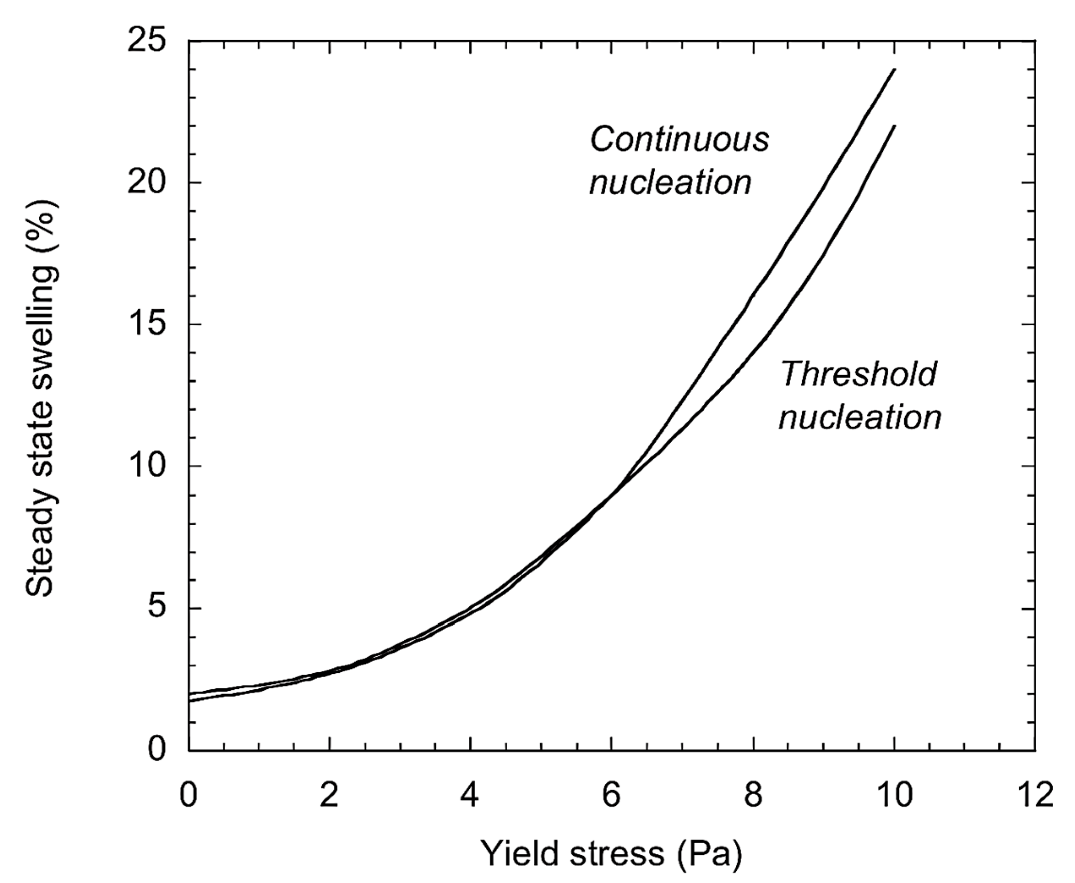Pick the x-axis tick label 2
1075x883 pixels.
pyautogui.click(x=329, y=795)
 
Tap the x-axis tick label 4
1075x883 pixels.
pyautogui.click(x=471, y=795)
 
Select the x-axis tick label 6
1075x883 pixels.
pyautogui.click(x=612, y=795)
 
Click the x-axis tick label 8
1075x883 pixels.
pyautogui.click(x=753, y=795)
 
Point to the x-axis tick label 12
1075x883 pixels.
pyautogui.click(x=1035, y=795)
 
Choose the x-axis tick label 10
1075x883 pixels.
pyautogui.click(x=894, y=795)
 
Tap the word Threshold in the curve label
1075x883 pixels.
pyautogui.click(x=858, y=374)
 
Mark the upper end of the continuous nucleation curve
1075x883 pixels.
pyautogui.click(x=894, y=70)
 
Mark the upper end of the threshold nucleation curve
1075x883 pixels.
pyautogui.click(x=894, y=125)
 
